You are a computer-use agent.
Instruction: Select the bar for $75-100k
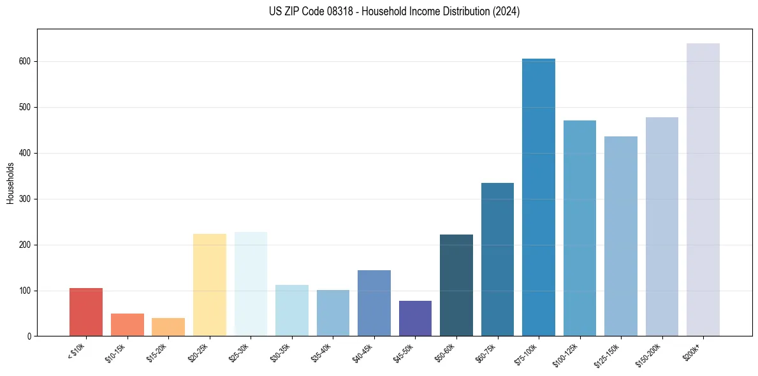point(539,198)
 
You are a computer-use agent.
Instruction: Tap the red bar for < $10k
point(86,312)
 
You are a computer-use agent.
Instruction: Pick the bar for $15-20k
point(168,327)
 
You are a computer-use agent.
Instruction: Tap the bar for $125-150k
point(621,236)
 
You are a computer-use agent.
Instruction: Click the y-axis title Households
point(11,183)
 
